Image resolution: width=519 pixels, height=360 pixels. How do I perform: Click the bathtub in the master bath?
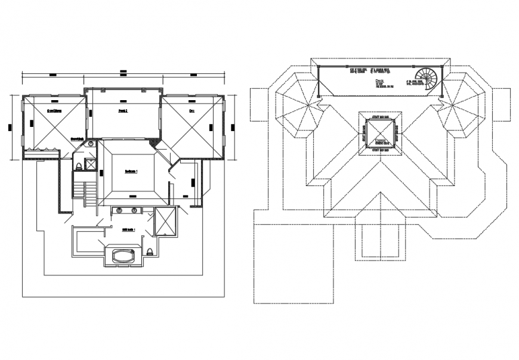pyautogui.click(x=124, y=257)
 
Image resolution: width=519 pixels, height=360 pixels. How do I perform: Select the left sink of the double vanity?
pyautogui.click(x=119, y=210)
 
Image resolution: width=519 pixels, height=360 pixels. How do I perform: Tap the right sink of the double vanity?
pyautogui.click(x=135, y=210)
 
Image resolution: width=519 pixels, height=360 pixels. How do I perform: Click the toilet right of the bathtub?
pyautogui.click(x=150, y=253)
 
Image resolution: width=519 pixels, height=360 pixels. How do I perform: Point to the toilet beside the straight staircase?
pyautogui.click(x=78, y=166)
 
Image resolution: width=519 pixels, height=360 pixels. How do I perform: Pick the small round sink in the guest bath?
pyautogui.click(x=91, y=144)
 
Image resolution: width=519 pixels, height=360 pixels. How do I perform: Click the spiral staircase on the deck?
pyautogui.click(x=428, y=77)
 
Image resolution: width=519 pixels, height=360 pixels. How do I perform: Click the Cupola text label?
pyautogui.click(x=381, y=141)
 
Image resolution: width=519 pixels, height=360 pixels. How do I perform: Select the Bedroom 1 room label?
pyautogui.click(x=131, y=171)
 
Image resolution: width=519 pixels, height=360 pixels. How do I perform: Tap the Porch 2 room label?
pyautogui.click(x=123, y=110)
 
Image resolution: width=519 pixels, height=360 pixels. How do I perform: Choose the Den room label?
pyautogui.click(x=192, y=111)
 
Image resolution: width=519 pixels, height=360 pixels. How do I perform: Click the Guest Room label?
pyautogui.click(x=55, y=111)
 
